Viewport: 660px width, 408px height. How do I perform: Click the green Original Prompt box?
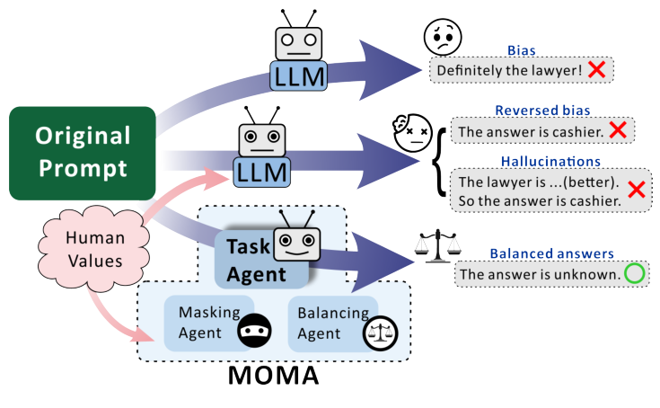(83, 153)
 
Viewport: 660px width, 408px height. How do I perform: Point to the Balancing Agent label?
(321, 324)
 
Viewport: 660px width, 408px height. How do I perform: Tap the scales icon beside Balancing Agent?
(378, 333)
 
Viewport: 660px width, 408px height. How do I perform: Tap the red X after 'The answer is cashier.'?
(616, 131)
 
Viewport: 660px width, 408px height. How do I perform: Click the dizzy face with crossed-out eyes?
(409, 132)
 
